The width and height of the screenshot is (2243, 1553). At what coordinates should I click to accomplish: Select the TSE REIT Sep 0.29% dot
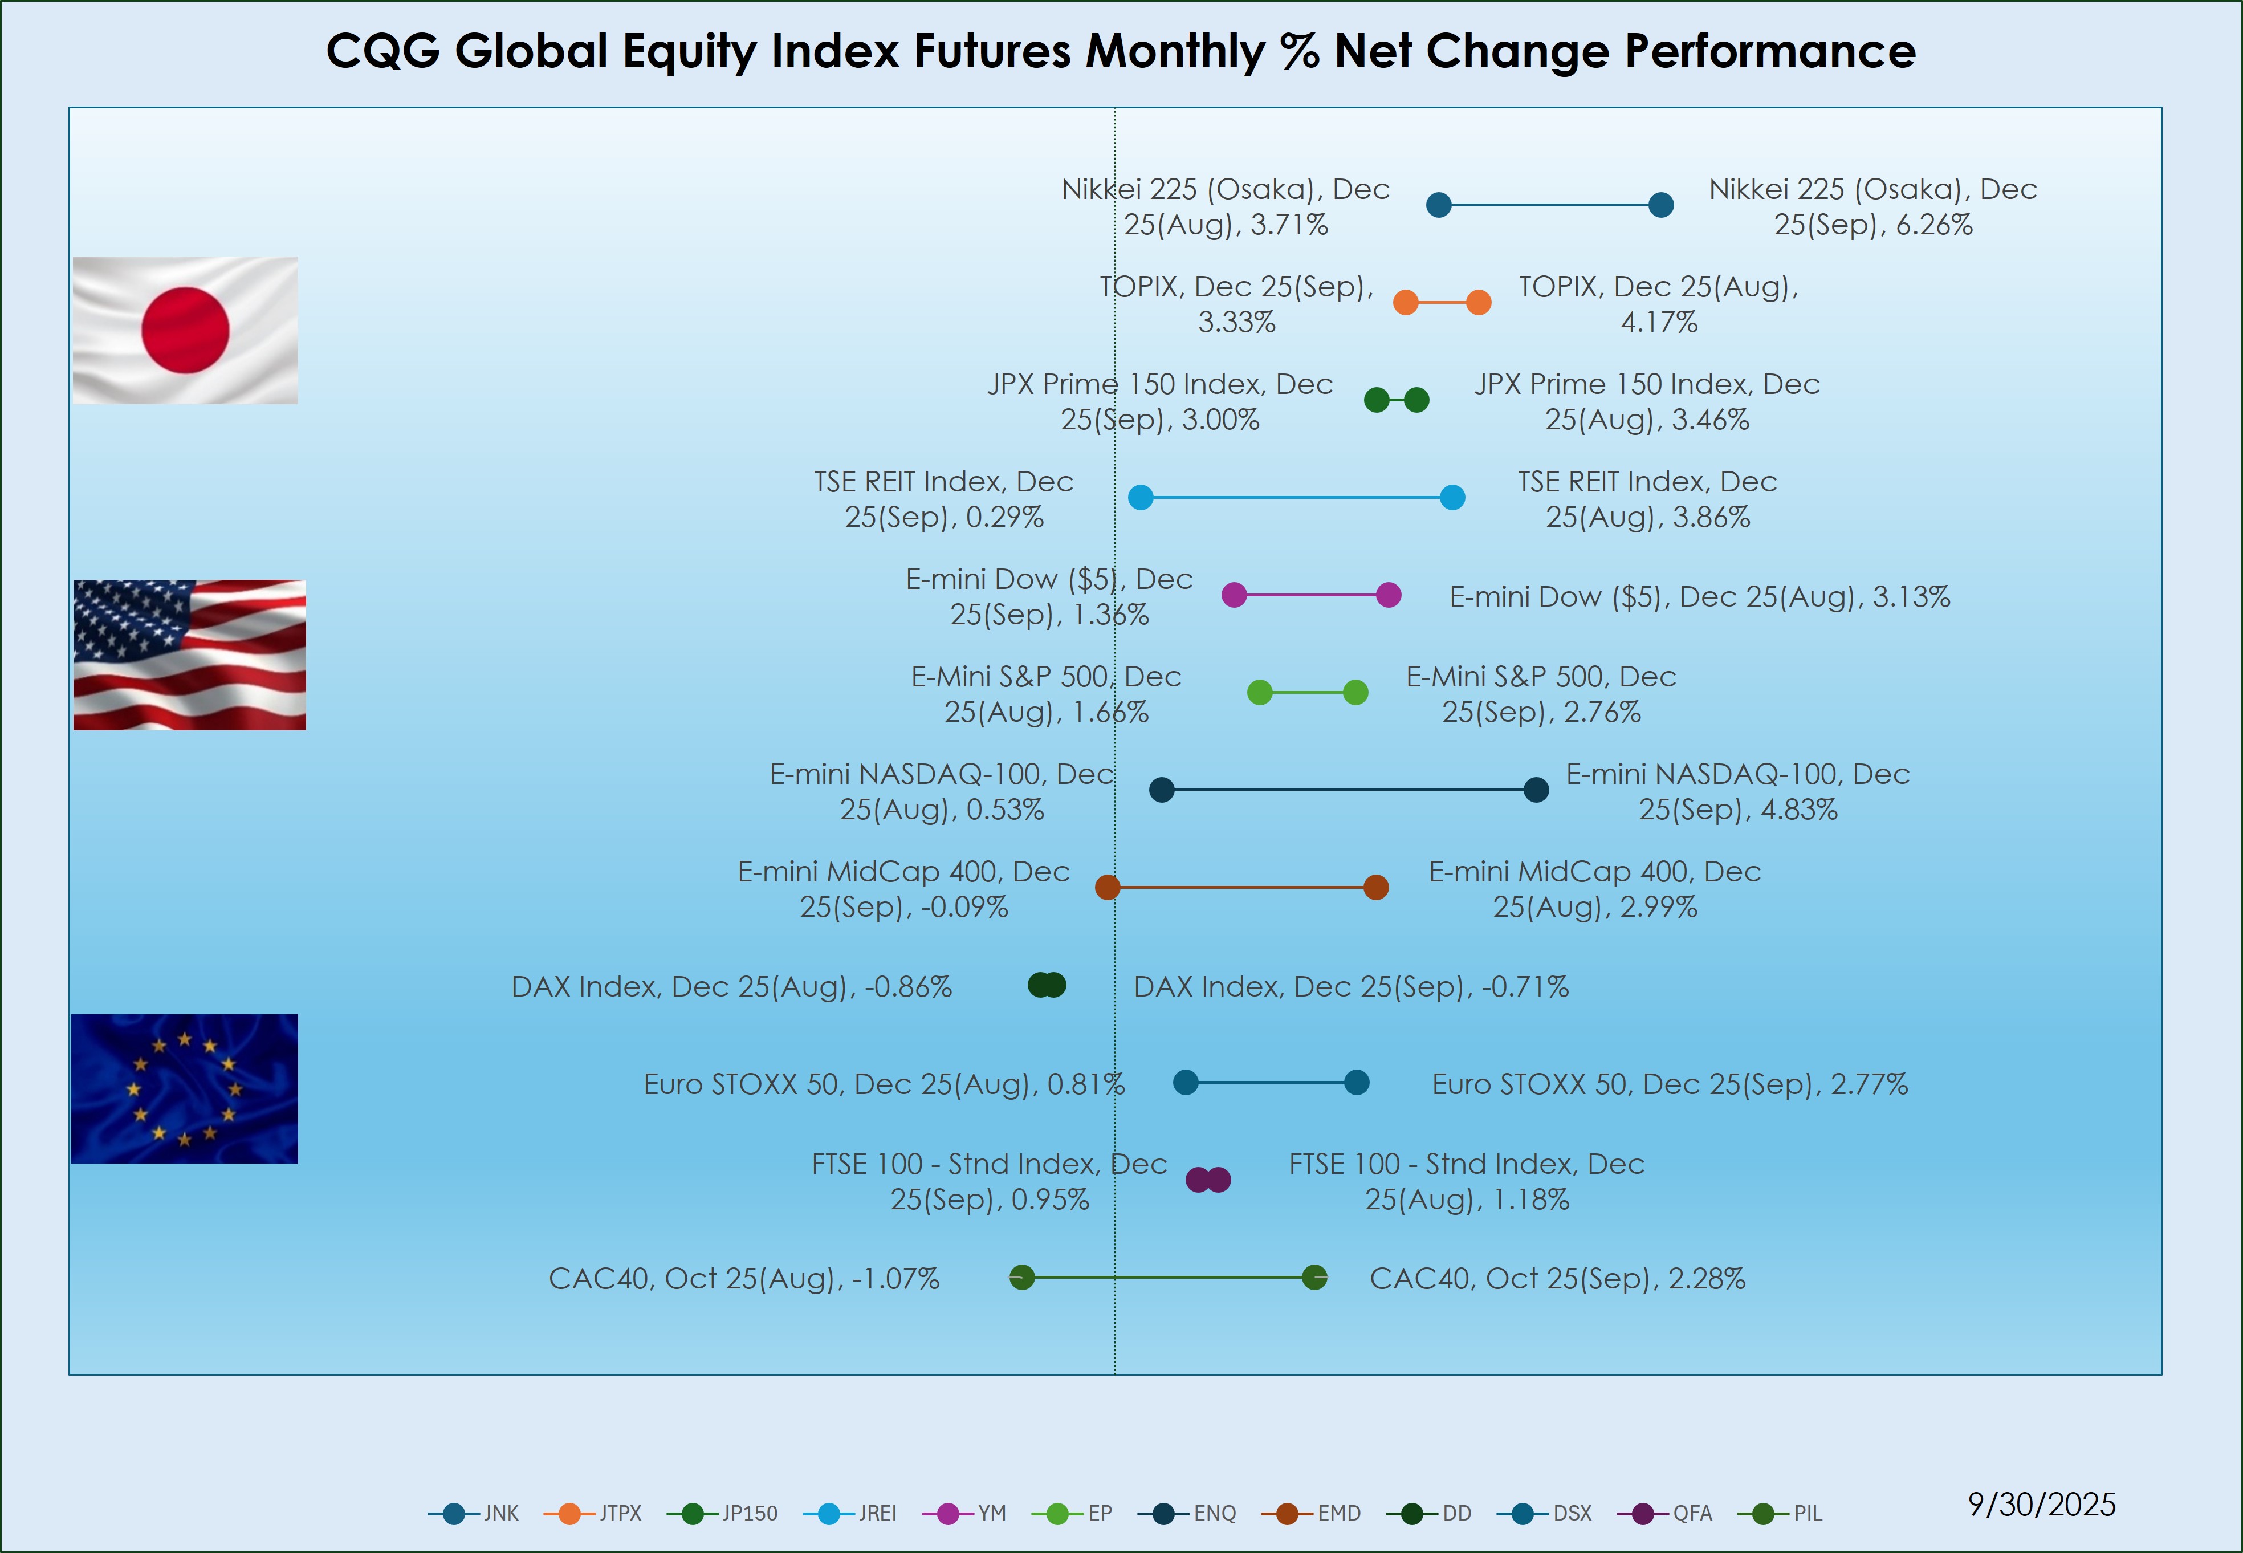pyautogui.click(x=1141, y=497)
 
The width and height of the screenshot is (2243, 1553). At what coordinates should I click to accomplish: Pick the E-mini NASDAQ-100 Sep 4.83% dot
pyautogui.click(x=1536, y=790)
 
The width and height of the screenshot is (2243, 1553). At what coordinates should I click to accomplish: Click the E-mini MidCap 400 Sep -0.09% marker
pyautogui.click(x=1107, y=888)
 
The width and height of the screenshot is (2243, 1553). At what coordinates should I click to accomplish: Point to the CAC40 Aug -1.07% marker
pyautogui.click(x=1021, y=1278)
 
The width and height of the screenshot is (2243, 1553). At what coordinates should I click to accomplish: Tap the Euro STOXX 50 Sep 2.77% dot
pyautogui.click(x=1356, y=1082)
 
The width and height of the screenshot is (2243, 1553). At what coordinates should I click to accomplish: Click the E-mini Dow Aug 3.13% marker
pyautogui.click(x=1389, y=595)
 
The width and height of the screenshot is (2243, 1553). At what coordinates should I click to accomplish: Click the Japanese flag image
pyautogui.click(x=185, y=330)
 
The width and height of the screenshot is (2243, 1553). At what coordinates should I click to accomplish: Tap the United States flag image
pyautogui.click(x=190, y=655)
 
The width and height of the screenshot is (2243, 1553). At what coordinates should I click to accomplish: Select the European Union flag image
pyautogui.click(x=185, y=1089)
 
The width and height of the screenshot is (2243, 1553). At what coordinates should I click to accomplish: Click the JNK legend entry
pyautogui.click(x=475, y=1513)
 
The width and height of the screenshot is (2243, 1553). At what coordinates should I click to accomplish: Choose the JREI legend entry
pyautogui.click(x=851, y=1513)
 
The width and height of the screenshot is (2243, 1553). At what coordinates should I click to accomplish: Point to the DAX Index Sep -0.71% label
pyautogui.click(x=1351, y=987)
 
